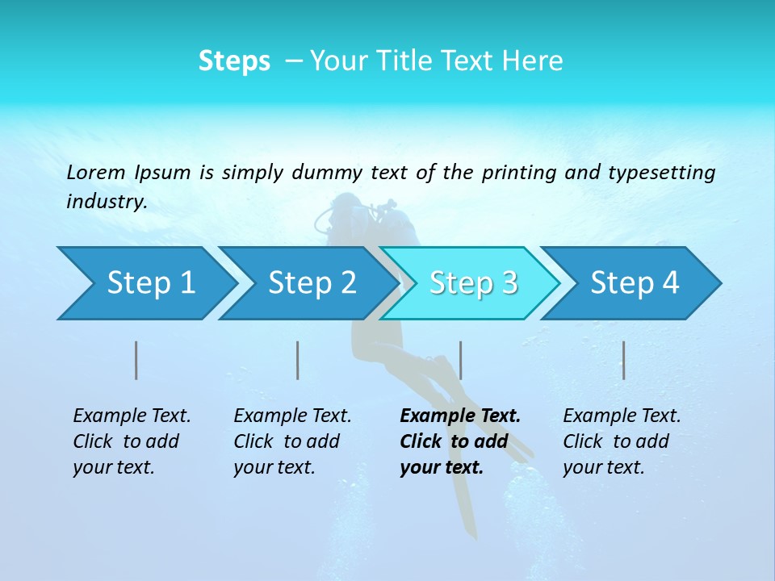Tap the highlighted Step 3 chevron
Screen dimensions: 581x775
click(473, 283)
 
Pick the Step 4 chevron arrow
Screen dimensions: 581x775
click(635, 283)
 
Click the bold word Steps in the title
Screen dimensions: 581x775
click(234, 61)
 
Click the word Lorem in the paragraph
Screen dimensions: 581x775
click(96, 172)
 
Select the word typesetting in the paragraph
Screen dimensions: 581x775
click(661, 173)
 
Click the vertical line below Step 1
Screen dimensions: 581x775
click(136, 360)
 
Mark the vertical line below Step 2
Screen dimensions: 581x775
click(298, 360)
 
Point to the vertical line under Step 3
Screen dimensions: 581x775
click(460, 360)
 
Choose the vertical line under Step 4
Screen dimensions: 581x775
click(623, 360)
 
